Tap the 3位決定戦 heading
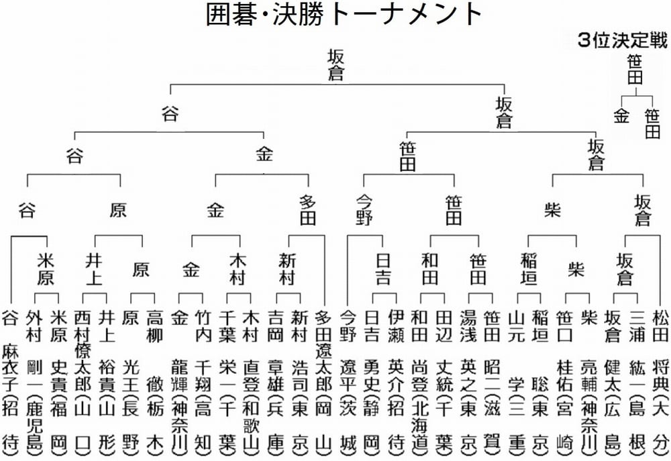point(623,41)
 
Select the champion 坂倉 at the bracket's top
point(335,64)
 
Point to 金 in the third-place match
point(621,115)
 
